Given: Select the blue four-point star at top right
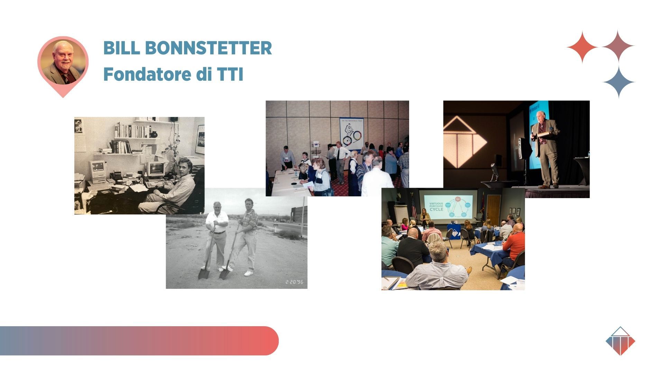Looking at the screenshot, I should click(x=619, y=82).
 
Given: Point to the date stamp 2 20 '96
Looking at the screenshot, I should click(x=294, y=282).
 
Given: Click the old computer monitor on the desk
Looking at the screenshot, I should click(x=99, y=170).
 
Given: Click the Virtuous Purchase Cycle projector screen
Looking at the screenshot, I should click(x=449, y=206).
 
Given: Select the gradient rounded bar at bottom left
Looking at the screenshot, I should click(x=138, y=340).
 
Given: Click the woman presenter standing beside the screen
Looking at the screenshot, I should click(x=425, y=219).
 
